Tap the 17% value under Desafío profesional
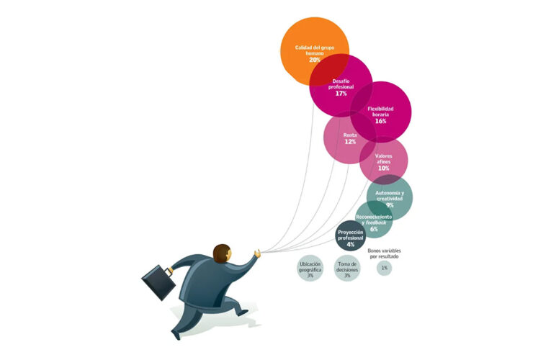(341, 94)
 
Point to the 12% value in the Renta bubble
(350, 142)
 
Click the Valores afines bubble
(384, 159)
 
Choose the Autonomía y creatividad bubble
(390, 197)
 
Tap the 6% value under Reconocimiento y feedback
(374, 229)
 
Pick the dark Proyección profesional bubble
(350, 236)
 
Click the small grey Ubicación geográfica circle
(310, 269)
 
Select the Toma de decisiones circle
(347, 269)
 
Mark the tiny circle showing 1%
(384, 268)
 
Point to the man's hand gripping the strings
(257, 253)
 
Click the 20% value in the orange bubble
(315, 59)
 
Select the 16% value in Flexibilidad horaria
(380, 121)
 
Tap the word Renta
(350, 135)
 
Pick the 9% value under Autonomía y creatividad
(390, 205)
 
